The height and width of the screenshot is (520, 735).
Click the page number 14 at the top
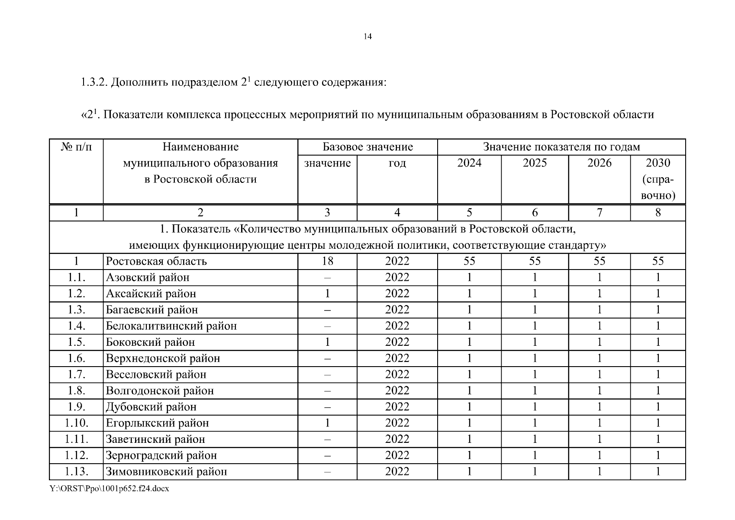[367, 36]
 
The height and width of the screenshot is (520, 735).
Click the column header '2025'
[535, 163]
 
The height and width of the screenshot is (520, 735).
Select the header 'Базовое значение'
[367, 147]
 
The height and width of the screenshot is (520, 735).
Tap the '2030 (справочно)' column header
[658, 179]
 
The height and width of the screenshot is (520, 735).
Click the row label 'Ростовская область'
[156, 261]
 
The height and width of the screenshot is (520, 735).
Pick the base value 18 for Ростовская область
[327, 261]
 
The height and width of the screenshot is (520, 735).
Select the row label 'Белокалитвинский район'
[171, 326]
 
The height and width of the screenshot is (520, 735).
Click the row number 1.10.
[77, 423]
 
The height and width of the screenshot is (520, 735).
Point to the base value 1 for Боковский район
[327, 342]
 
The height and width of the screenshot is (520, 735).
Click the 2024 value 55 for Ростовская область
[469, 261]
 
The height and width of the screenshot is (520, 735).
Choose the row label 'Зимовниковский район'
[166, 471]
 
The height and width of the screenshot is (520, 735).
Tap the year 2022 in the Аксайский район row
[397, 293]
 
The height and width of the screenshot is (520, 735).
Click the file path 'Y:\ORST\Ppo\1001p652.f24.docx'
[109, 488]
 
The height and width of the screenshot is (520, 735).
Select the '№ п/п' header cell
[77, 147]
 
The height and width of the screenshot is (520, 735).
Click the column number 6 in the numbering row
[535, 212]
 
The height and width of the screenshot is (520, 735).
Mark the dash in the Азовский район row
[327, 278]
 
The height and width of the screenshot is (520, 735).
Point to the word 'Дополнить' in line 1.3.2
[139, 82]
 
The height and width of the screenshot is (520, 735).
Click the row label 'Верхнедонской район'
[163, 358]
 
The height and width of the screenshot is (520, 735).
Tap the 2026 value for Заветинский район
[599, 439]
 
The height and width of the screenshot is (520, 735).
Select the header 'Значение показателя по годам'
[561, 147]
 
